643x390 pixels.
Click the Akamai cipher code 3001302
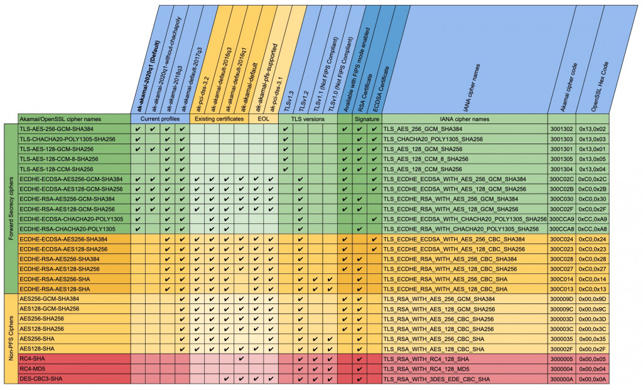click(x=562, y=129)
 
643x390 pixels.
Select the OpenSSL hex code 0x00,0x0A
click(x=592, y=379)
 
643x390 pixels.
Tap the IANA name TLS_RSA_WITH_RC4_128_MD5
click(x=426, y=369)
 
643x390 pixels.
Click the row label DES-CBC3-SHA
click(x=41, y=379)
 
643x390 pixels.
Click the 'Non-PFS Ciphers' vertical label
click(x=10, y=339)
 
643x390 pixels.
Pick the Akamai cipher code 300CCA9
click(x=562, y=219)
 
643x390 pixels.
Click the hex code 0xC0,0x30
click(x=592, y=199)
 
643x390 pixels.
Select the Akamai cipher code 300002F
click(x=562, y=349)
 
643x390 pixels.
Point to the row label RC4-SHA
click(x=34, y=359)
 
